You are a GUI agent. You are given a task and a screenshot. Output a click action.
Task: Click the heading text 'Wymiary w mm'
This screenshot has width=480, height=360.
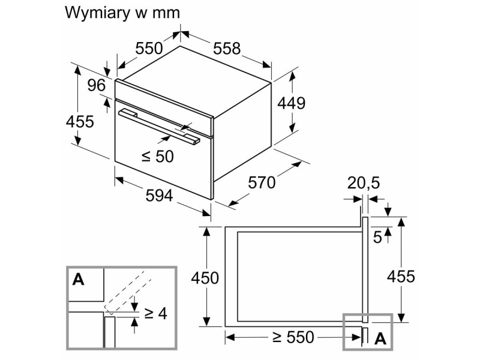(122, 13)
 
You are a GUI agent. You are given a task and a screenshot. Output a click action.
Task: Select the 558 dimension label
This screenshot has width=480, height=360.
(227, 49)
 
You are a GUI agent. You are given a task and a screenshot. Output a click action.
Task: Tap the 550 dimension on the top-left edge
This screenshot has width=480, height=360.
(149, 49)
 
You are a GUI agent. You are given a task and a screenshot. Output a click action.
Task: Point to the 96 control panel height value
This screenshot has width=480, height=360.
(97, 85)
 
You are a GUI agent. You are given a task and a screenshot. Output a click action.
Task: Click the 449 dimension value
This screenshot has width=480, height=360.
(291, 103)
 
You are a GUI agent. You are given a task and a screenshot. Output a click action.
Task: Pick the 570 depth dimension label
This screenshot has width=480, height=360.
(262, 183)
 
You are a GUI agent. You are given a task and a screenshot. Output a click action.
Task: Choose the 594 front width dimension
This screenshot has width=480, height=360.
(159, 196)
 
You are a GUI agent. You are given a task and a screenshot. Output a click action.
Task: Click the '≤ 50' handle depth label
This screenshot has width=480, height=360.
(157, 156)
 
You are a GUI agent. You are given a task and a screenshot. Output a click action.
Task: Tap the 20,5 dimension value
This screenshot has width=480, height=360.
(364, 183)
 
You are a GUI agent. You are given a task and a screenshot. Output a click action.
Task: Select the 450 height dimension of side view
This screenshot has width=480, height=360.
(205, 278)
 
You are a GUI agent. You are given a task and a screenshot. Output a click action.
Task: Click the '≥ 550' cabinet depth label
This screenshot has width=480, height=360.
(293, 337)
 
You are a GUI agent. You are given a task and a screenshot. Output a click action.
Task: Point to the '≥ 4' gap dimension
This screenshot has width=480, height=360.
(155, 313)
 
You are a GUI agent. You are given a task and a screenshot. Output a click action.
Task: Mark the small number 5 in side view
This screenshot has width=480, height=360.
(378, 237)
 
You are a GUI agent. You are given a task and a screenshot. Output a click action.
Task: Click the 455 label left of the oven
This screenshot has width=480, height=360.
(80, 122)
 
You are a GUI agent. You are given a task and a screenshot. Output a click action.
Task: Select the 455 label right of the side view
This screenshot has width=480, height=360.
(401, 277)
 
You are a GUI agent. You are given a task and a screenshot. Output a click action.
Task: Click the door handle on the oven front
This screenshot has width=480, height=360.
(159, 127)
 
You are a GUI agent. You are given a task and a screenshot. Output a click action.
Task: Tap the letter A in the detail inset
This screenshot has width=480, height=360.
(78, 279)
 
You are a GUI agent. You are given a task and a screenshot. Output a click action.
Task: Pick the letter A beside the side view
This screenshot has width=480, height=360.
(380, 338)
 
